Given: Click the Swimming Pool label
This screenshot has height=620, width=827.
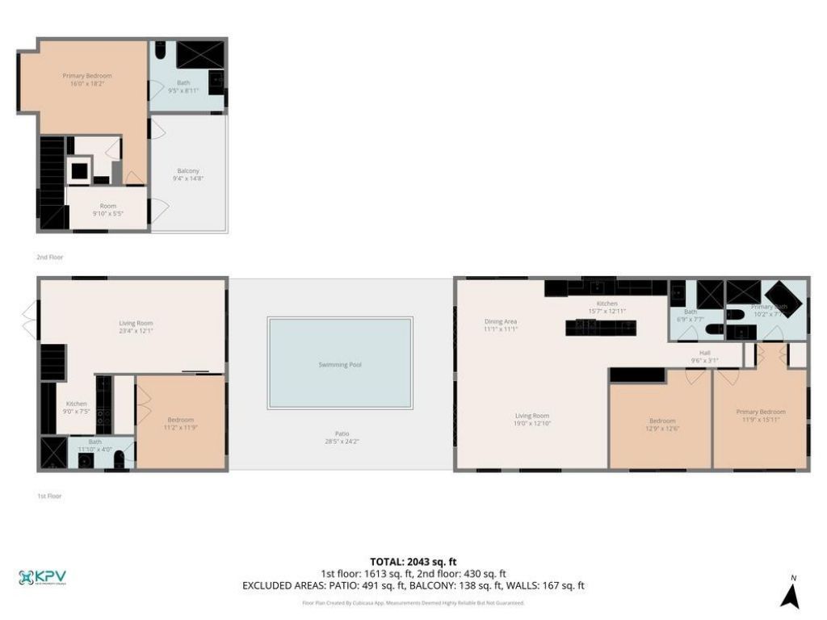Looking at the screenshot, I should coord(339,365).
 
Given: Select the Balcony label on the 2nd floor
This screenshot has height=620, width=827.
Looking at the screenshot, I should coord(188,174).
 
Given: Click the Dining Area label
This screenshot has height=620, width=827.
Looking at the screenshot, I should coord(500,325).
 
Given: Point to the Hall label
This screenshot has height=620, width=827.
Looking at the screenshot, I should coord(704,356).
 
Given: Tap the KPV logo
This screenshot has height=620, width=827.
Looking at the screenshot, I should coord(43,577).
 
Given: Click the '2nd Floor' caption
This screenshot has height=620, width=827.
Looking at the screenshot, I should coord(49,257).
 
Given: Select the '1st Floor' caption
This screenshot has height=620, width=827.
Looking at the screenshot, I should coord(49,496).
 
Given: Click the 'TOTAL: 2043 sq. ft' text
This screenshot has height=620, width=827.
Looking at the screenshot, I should coord(413,561).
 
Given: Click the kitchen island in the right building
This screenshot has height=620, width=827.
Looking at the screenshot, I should coord(600,327).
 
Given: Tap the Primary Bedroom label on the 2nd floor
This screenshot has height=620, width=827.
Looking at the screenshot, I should coord(87,79).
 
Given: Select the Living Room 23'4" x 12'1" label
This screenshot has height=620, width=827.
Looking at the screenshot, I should coord(136,327).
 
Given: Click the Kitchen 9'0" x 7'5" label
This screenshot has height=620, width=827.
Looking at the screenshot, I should coord(77,407).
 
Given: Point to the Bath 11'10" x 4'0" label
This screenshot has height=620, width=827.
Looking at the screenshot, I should coord(95,445).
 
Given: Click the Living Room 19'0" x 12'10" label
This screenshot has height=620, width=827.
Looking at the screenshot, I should coord(532,420).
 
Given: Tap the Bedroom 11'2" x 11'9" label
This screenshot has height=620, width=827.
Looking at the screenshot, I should coord(180,423).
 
